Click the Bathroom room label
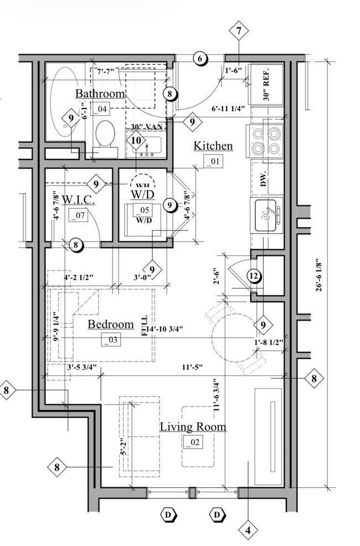pyautogui.click(x=100, y=93)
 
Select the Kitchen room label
pyautogui.click(x=213, y=146)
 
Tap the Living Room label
pyautogui.click(x=193, y=426)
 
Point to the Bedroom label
pyautogui.click(x=111, y=324)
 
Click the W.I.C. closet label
pyautogui.click(x=78, y=199)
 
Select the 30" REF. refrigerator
pyautogui.click(x=266, y=83)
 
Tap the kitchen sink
pyautogui.click(x=268, y=216)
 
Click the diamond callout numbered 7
pyautogui.click(x=239, y=31)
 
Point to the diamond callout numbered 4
pyautogui.click(x=247, y=530)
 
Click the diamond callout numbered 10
pyautogui.click(x=136, y=141)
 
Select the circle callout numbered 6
pyautogui.click(x=199, y=58)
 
